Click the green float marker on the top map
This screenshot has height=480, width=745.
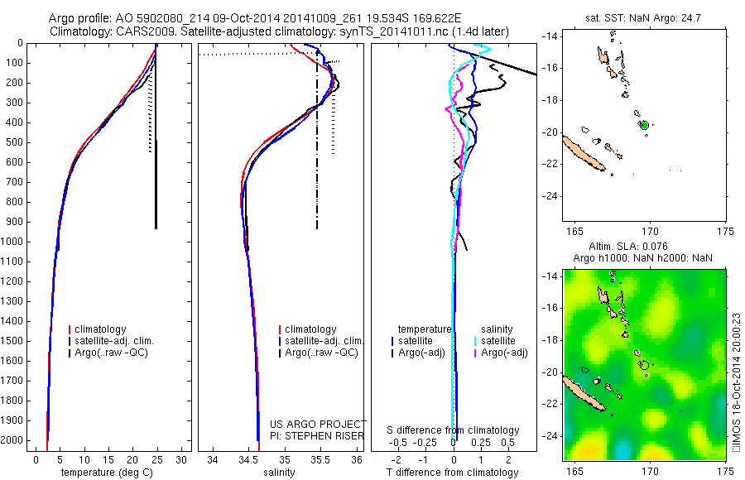644,125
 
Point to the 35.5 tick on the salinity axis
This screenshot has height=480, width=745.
321,459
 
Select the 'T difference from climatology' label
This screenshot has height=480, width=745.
453,473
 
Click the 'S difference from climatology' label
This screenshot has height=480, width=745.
454,430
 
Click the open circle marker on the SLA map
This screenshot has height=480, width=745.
644,364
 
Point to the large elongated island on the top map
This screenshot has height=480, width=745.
584,154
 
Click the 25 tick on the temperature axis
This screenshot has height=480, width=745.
157,459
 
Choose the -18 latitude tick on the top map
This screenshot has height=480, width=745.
550,100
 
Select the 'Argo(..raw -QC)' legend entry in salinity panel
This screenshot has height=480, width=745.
321,353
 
